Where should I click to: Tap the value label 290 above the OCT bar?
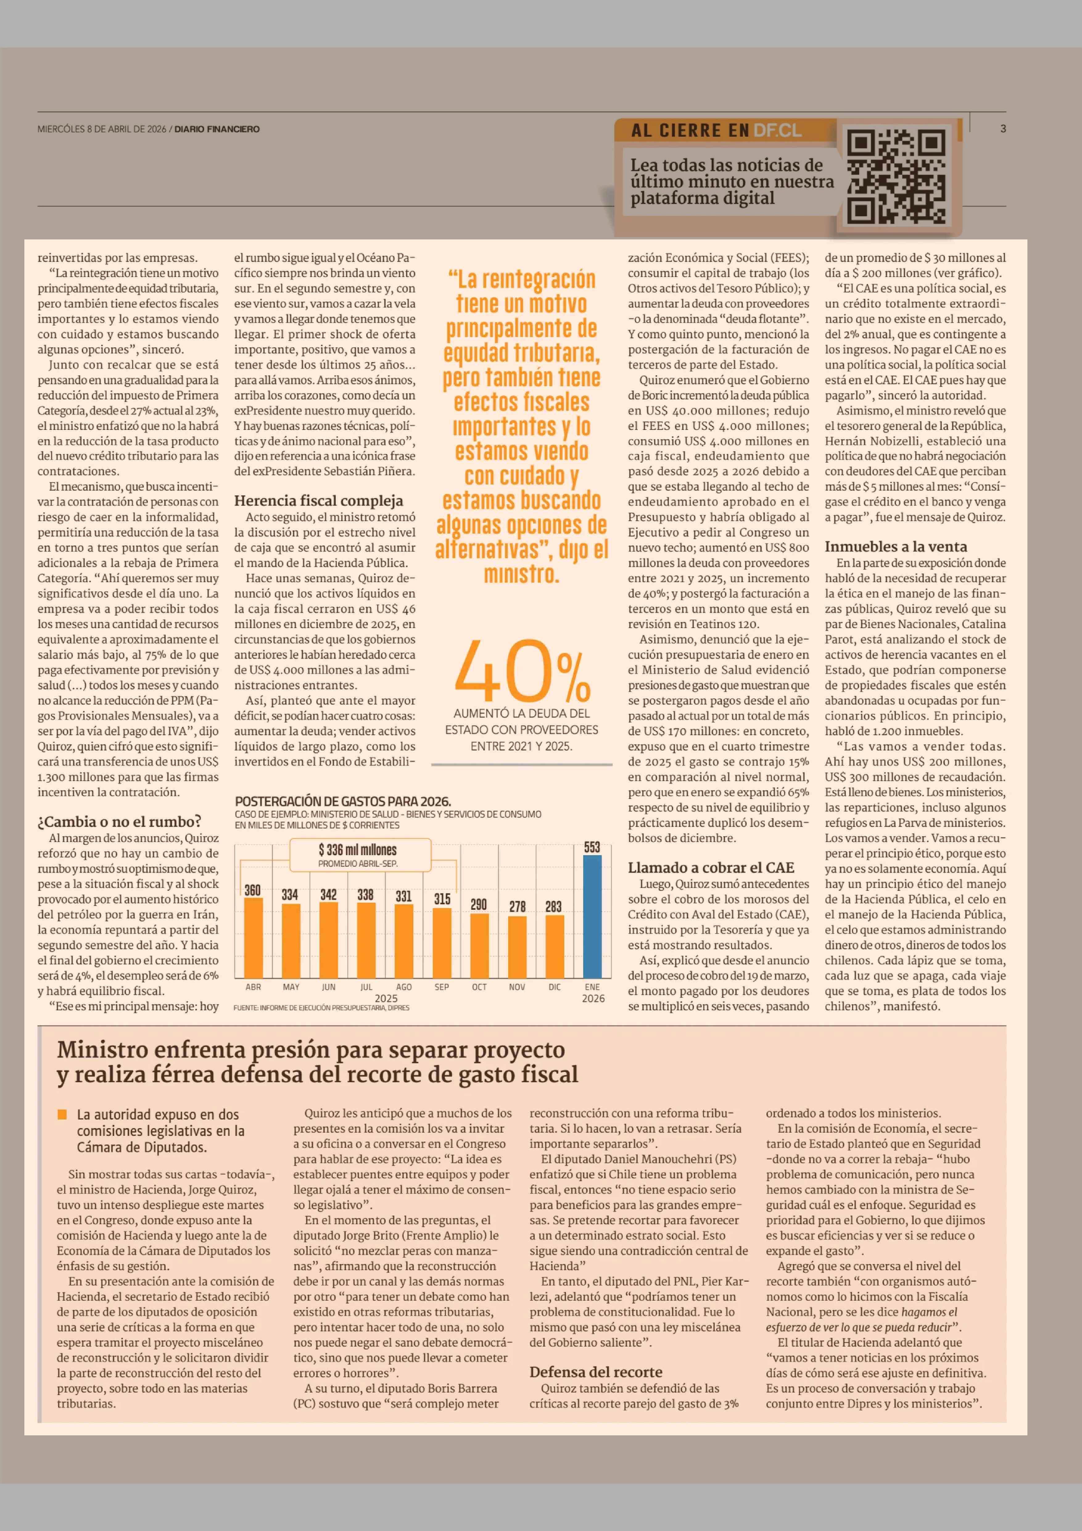tap(479, 904)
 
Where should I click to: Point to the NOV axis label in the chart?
tap(517, 987)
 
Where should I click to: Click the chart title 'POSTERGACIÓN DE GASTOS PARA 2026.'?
tap(343, 802)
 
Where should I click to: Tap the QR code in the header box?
tap(896, 177)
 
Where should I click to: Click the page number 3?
tap(1003, 129)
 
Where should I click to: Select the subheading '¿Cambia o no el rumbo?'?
tap(119, 822)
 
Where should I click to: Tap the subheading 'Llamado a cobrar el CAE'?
tap(711, 868)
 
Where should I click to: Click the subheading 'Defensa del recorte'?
tap(596, 1371)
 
